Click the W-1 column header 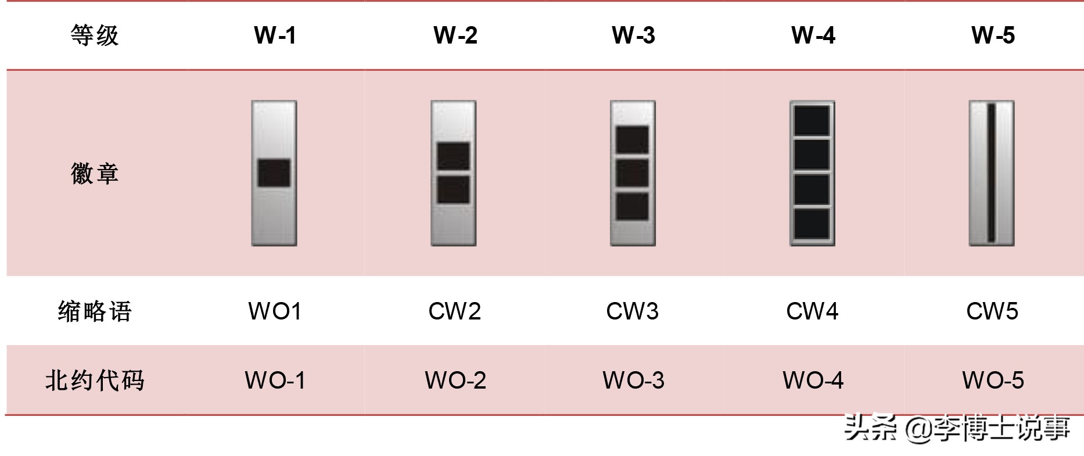click(x=275, y=35)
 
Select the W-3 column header click(x=633, y=35)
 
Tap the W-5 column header click(x=993, y=35)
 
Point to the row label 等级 click(x=95, y=35)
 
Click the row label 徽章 click(x=95, y=173)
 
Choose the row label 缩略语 click(x=95, y=311)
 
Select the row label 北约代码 click(x=95, y=380)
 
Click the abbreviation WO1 click(x=275, y=311)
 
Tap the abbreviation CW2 click(x=454, y=311)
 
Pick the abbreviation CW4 click(x=812, y=311)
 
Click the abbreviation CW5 click(x=992, y=311)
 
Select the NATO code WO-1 click(x=275, y=380)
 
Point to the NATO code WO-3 click(x=633, y=380)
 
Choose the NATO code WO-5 click(x=993, y=380)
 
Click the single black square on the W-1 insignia click(x=274, y=173)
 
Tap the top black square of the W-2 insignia click(x=453, y=156)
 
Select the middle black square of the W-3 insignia click(x=632, y=173)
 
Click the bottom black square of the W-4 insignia click(x=812, y=224)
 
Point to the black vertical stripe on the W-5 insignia click(x=992, y=173)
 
